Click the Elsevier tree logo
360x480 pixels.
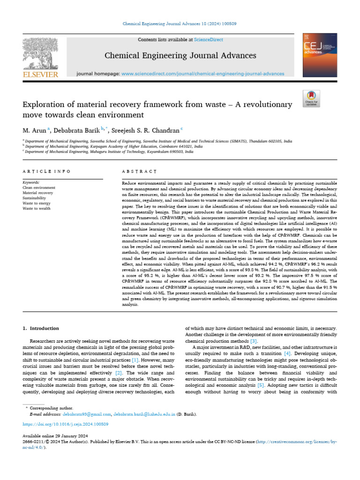pyautogui.click(x=40, y=54)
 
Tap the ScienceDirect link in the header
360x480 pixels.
pyautogui.click(x=210, y=40)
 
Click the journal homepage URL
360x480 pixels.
pyautogui.click(x=202, y=74)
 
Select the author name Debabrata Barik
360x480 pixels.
pyautogui.click(x=71, y=130)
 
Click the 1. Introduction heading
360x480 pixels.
pyautogui.click(x=41, y=328)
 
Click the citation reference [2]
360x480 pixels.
pyautogui.click(x=119, y=372)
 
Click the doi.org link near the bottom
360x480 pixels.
pyautogui.click(x=66, y=424)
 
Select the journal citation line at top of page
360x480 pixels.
pyautogui.click(x=180, y=23)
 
